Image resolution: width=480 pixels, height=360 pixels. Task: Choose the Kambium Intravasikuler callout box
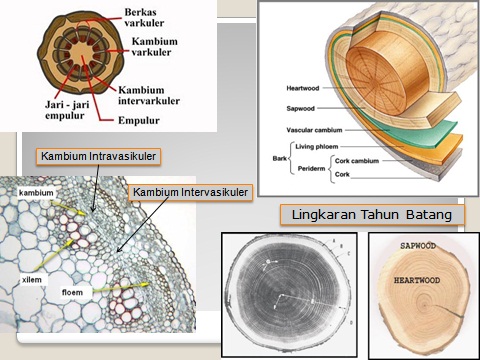[98, 156]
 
